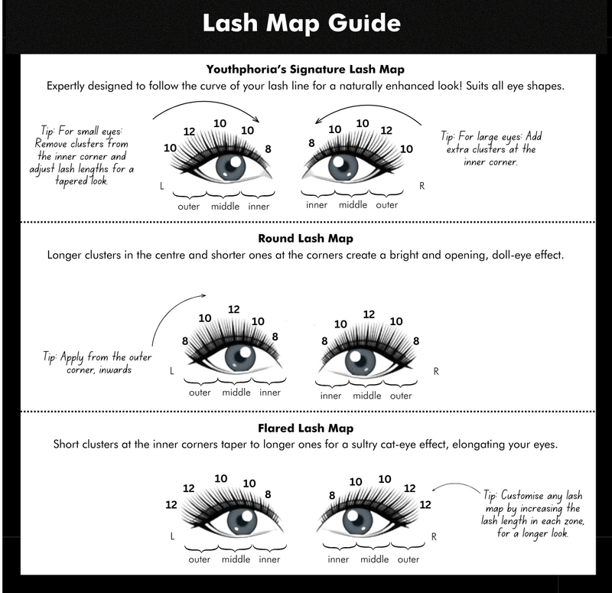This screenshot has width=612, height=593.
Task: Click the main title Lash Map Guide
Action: pos(301,23)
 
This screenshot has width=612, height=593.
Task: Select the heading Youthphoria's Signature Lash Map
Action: pos(306,69)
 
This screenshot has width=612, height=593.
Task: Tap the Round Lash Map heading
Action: pos(305,238)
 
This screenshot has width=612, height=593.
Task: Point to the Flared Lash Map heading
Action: pos(305,428)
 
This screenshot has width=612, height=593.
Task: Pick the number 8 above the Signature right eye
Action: pos(311,142)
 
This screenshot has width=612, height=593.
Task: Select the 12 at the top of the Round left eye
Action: pos(233,309)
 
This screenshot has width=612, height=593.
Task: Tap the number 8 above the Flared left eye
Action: pos(267,494)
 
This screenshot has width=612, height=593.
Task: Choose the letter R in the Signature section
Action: pos(422,186)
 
